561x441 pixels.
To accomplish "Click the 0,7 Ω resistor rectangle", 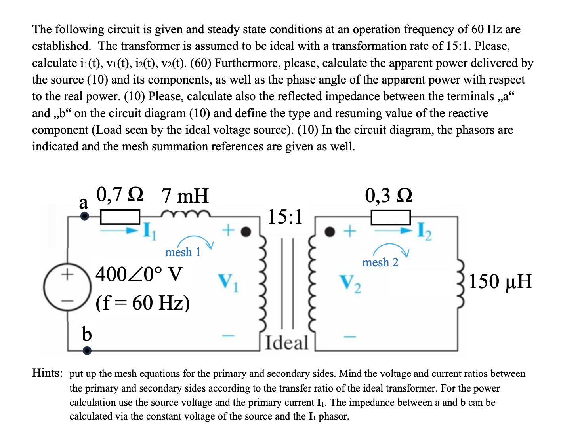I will [120, 217].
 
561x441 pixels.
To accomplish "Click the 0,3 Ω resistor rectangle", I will [390, 217].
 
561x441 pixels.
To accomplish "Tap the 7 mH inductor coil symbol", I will [185, 214].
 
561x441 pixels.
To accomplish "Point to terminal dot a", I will [85, 216].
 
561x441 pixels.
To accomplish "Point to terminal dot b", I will [87, 350].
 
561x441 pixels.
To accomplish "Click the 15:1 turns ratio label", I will [285, 217].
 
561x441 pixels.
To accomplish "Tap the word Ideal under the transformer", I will [286, 343].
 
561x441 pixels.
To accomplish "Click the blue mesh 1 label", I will [183, 252].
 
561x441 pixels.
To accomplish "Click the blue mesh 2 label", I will [380, 262].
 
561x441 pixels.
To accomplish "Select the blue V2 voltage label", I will [351, 284].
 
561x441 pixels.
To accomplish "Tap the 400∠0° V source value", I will [139, 274].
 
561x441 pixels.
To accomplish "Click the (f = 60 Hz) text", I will [143, 303].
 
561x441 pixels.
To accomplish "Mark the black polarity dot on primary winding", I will [246, 232].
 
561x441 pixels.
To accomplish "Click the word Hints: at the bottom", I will [47, 373].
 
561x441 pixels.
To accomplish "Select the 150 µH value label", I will [500, 281].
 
